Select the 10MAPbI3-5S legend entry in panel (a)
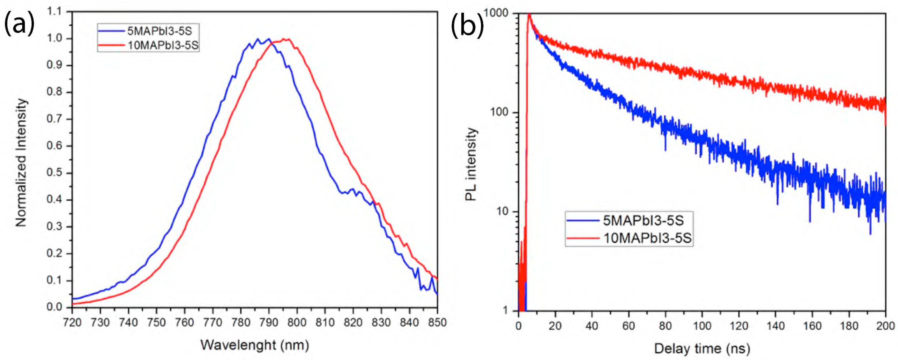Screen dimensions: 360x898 pyautogui.click(x=163, y=45)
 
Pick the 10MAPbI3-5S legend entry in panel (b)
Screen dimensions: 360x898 pyautogui.click(x=647, y=238)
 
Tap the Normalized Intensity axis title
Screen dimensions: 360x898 pyautogui.click(x=21, y=162)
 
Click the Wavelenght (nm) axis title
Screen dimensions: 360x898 pyautogui.click(x=254, y=345)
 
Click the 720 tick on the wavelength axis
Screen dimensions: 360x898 pyautogui.click(x=72, y=322)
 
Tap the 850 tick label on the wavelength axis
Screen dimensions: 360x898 pyautogui.click(x=437, y=322)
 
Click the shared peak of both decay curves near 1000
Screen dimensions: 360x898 pyautogui.click(x=529, y=15)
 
